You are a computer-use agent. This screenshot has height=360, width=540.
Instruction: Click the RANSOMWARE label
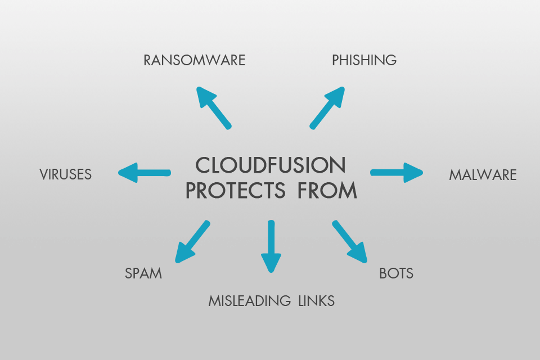pos(194,60)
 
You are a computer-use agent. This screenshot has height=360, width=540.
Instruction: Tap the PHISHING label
pos(364,60)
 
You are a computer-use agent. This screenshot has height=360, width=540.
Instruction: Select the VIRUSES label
pos(65,174)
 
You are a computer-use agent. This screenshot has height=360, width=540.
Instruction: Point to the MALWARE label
pos(483,175)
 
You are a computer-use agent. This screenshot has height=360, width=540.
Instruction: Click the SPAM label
pos(143,274)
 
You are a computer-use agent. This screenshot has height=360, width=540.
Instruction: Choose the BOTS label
pos(396,274)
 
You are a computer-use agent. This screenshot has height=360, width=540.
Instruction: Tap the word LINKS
pos(316,301)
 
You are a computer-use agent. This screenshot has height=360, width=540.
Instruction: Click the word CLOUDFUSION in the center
pos(270,165)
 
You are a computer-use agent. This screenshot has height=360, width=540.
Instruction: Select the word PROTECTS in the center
pos(242,191)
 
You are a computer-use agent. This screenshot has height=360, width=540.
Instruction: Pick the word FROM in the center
pos(331,191)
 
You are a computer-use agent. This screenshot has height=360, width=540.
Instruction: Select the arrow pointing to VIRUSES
pos(144,172)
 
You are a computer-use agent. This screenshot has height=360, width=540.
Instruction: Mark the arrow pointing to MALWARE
pos(397,172)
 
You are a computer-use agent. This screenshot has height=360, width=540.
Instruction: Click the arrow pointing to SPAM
pos(192,242)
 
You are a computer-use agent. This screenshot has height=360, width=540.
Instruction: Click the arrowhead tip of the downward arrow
pos(271,269)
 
